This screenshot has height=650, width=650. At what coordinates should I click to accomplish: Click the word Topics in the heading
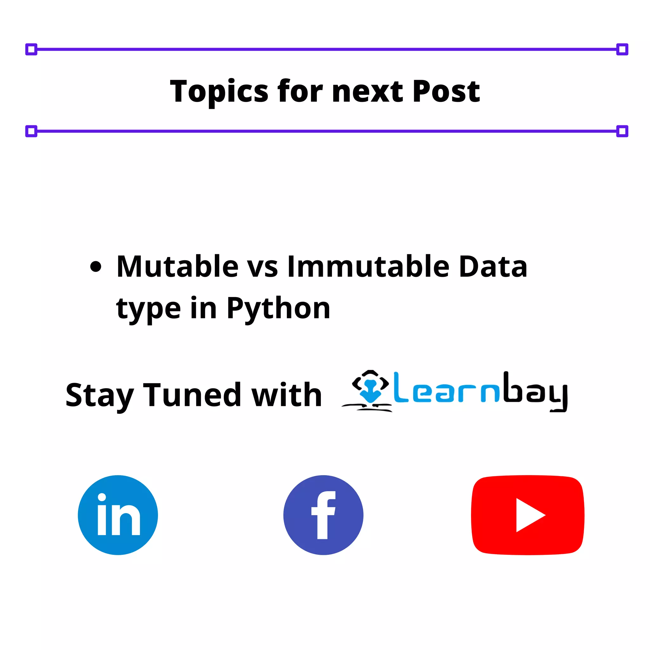[219, 91]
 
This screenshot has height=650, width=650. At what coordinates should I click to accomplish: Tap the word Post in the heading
[446, 91]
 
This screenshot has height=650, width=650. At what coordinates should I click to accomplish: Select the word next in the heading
[368, 91]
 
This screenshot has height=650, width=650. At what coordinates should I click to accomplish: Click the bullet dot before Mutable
[96, 267]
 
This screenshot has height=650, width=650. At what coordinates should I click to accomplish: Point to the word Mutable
[177, 267]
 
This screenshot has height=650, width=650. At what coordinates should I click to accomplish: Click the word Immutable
[368, 267]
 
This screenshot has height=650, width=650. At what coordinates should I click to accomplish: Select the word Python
[278, 309]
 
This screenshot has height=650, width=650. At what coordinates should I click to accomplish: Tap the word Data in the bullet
[493, 267]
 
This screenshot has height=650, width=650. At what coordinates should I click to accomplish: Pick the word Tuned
[192, 395]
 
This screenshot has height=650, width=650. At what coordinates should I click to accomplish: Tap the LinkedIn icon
[118, 515]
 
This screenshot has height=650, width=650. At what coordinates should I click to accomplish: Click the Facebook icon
[323, 515]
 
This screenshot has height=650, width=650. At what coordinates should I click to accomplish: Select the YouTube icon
[527, 515]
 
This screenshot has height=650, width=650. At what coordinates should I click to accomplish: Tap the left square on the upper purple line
[31, 50]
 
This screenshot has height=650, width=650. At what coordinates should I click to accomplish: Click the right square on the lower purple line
[622, 131]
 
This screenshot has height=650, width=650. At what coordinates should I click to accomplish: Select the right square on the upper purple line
[622, 50]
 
